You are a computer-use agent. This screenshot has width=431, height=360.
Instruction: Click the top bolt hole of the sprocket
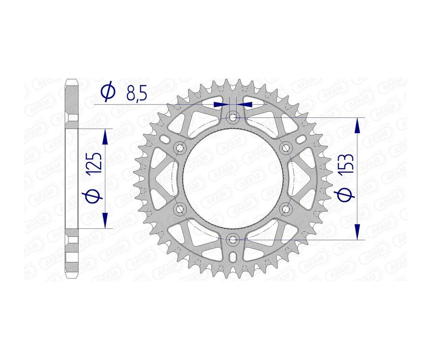(x=233, y=117)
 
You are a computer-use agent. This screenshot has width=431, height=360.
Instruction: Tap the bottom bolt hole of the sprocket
(x=233, y=239)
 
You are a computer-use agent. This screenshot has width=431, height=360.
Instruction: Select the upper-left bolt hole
(x=181, y=147)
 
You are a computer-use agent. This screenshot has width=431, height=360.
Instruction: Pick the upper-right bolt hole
(x=286, y=147)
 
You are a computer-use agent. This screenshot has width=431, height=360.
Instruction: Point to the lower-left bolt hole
(x=181, y=208)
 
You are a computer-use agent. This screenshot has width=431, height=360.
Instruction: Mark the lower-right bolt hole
(x=286, y=208)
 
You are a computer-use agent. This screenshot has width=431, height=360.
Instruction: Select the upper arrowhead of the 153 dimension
(x=357, y=125)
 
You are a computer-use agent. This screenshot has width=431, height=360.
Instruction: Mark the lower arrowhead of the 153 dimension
(x=357, y=231)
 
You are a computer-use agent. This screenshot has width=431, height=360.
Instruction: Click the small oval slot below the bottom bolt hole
(x=233, y=257)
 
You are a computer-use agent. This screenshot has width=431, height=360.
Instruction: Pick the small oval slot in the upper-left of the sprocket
(x=165, y=139)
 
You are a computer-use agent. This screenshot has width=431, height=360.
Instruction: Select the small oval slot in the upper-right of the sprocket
(x=301, y=139)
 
